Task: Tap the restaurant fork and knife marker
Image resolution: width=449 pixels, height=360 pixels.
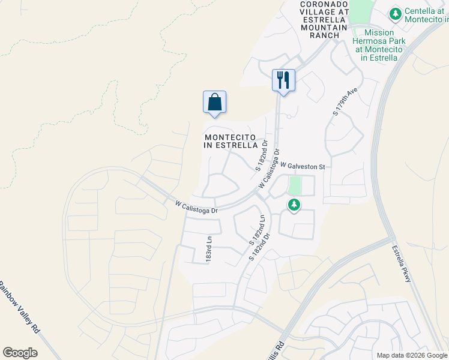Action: point(283,80)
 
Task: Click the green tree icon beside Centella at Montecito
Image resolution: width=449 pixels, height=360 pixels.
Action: point(395,13)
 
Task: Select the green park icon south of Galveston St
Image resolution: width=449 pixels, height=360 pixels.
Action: point(294,205)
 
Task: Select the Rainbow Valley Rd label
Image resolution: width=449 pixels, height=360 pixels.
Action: point(20,308)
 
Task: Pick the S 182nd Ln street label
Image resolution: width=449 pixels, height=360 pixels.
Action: point(258,229)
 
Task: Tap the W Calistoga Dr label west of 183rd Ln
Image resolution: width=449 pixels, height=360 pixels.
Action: point(196,207)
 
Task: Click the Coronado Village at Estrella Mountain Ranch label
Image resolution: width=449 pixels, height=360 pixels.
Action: point(324,19)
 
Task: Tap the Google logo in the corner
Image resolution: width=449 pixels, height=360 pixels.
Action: point(20,353)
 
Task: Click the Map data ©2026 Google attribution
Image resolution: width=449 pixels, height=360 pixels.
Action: point(412,355)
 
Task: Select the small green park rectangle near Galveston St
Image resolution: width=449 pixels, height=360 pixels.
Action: point(294,185)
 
